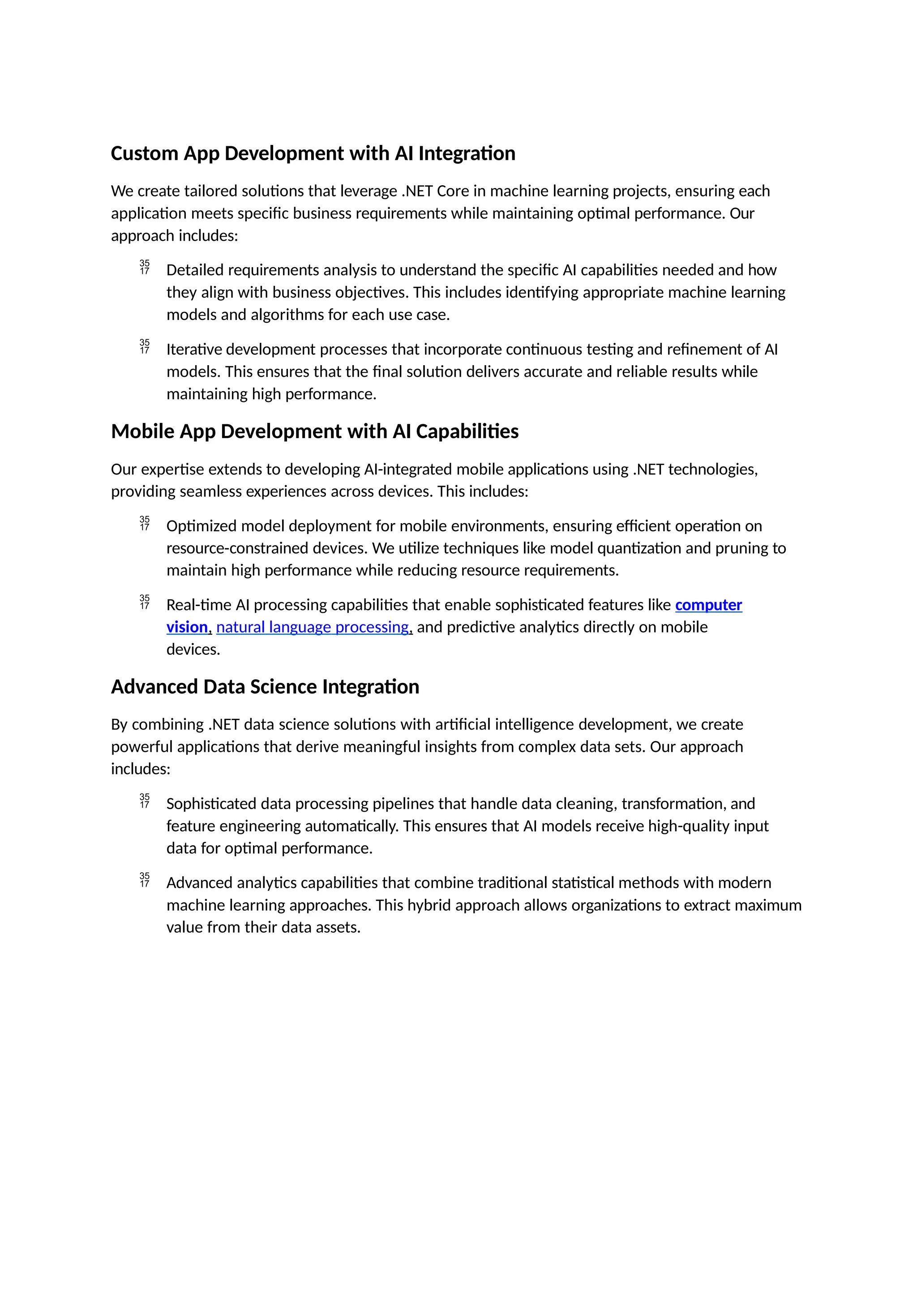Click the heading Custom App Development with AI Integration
click(313, 154)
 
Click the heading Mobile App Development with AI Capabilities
click(315, 431)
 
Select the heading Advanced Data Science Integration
click(265, 687)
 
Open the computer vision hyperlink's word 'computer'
click(708, 605)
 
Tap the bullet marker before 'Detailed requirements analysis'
click(145, 267)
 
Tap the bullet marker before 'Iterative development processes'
click(145, 347)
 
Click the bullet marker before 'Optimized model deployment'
click(145, 523)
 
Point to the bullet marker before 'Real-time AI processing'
click(145, 602)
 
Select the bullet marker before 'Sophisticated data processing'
click(145, 801)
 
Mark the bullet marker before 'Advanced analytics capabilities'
click(145, 880)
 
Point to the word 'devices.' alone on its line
click(193, 650)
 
